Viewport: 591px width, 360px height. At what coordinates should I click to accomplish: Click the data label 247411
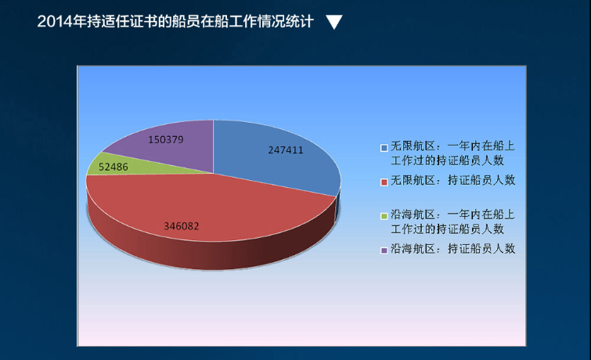(285, 150)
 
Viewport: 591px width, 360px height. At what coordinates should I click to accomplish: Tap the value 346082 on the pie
(182, 226)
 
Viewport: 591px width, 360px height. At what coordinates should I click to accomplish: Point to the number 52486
(114, 167)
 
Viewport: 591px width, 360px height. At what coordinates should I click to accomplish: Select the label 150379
(166, 140)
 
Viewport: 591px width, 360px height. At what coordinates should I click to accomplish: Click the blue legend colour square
(384, 148)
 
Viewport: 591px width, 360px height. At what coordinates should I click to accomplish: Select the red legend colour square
(384, 182)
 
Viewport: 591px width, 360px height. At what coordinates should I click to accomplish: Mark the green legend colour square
(384, 216)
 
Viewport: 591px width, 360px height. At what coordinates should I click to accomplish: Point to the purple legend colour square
(384, 250)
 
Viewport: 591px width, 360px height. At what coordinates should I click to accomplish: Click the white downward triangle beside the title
(334, 22)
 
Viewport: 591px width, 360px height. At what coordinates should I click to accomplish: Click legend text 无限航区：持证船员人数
(452, 180)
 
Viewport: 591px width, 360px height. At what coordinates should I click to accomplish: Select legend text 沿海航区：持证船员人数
(452, 249)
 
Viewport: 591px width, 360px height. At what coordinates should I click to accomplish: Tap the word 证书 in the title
(143, 21)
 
